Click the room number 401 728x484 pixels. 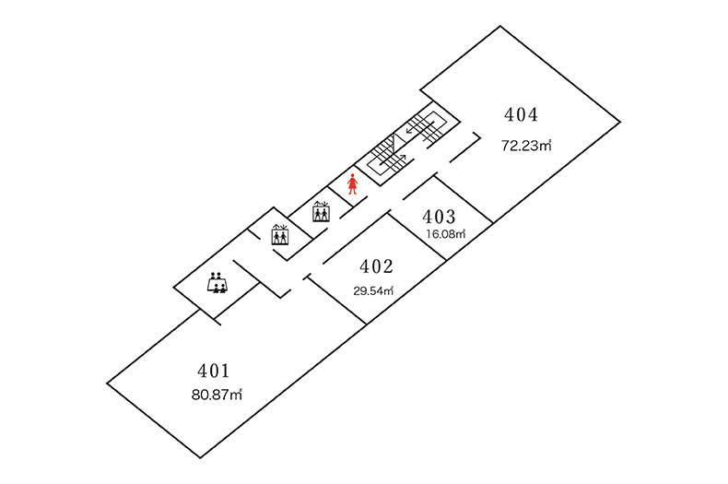213,371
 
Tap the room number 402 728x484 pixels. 376,267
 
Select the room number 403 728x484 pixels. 439,217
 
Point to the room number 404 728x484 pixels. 521,115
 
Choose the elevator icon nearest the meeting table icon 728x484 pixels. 279,235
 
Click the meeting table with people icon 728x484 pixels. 217,282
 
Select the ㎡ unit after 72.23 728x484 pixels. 546,145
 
